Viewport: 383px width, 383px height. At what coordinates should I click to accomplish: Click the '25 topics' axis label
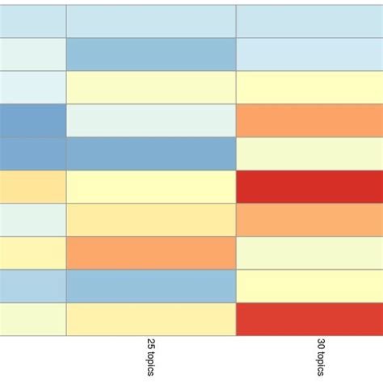(x=151, y=356)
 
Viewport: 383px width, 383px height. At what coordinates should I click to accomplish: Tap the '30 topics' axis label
(x=322, y=356)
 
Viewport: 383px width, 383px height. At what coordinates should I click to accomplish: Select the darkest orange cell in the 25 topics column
(x=151, y=253)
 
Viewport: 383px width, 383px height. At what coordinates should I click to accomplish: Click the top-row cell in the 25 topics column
(x=151, y=21)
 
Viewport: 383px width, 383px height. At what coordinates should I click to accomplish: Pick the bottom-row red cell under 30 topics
(x=309, y=319)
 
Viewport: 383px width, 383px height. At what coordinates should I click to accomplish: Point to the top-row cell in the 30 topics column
(x=309, y=21)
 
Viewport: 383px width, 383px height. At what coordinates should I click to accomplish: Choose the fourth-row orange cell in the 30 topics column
(x=309, y=120)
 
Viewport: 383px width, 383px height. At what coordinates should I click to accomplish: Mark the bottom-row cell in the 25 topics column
(x=151, y=319)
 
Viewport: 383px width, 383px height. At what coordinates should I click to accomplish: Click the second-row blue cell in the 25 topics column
(x=151, y=54)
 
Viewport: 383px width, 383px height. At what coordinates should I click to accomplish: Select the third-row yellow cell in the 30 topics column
(x=309, y=87)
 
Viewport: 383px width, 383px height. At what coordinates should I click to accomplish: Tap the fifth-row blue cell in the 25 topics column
(x=151, y=154)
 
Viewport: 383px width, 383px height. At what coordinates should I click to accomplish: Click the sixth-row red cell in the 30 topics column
(x=309, y=187)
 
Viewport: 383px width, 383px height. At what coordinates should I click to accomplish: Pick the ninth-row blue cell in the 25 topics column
(x=151, y=286)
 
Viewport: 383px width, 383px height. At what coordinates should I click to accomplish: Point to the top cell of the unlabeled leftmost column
(x=32, y=21)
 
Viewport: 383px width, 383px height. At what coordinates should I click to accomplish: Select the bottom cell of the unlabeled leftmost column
(x=32, y=319)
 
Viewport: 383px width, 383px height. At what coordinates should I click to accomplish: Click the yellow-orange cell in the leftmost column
(x=32, y=187)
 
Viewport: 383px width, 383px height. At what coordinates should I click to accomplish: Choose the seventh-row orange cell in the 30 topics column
(x=309, y=220)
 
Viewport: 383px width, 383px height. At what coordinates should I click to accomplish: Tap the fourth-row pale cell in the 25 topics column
(x=151, y=120)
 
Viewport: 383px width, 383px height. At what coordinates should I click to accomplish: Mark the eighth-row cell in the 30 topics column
(x=309, y=253)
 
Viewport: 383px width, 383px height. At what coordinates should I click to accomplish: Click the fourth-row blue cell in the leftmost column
(x=32, y=120)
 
